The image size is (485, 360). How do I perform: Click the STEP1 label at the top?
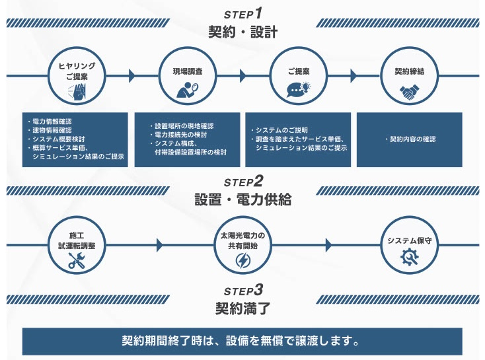point(243,13)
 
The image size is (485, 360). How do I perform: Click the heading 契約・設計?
point(243,30)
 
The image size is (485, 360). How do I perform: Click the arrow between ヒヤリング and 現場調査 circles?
point(131,76)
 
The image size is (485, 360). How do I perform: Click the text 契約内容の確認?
point(412,139)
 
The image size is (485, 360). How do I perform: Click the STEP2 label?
point(243,181)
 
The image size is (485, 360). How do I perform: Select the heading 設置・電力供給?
point(243,198)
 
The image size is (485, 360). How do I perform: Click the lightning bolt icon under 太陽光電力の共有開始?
point(242,261)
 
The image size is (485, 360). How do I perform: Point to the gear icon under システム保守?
point(410,258)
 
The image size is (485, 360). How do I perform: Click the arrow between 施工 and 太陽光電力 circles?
point(159,245)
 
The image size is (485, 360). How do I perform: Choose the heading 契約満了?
point(243,307)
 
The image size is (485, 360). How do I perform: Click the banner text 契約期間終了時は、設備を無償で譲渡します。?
point(242,342)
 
